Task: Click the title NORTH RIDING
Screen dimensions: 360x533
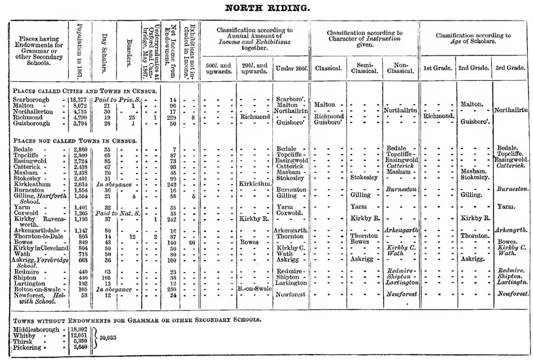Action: click(x=266, y=8)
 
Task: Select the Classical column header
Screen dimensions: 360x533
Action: click(x=328, y=68)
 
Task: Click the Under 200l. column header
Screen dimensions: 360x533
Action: click(x=291, y=68)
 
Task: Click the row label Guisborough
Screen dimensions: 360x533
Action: click(x=32, y=124)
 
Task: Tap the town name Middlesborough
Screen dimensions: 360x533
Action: click(x=35, y=328)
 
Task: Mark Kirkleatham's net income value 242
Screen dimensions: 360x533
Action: click(x=172, y=183)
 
